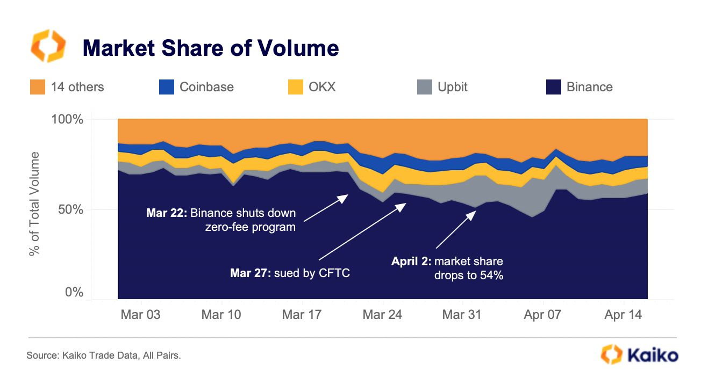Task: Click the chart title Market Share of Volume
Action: (210, 48)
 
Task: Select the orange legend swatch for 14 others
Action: (38, 87)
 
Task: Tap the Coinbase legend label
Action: (206, 87)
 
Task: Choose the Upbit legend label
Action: (453, 87)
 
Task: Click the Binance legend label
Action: (589, 87)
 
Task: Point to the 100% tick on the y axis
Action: (68, 119)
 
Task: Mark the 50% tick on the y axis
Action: (70, 209)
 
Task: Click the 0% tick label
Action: (74, 293)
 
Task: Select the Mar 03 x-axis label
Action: (141, 315)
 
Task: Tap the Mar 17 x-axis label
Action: (301, 315)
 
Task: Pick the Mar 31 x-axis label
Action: (461, 315)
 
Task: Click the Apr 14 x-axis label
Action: (623, 315)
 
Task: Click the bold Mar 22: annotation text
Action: (166, 213)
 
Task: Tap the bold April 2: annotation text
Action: (411, 262)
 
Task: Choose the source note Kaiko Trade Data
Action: (103, 355)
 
